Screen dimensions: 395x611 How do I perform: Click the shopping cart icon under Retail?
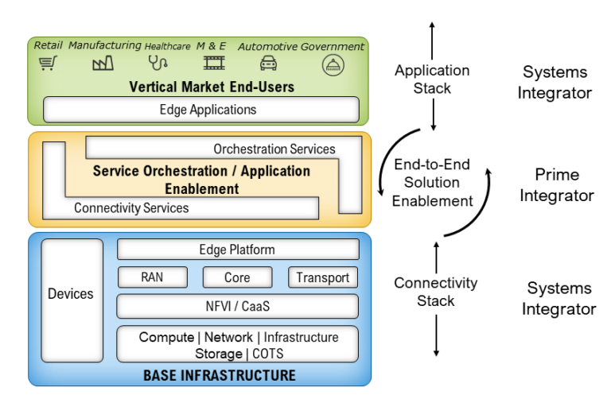(49, 64)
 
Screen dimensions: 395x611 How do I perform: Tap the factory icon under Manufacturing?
(103, 64)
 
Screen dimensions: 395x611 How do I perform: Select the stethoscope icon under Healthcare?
(158, 63)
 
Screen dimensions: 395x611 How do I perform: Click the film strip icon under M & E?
(213, 63)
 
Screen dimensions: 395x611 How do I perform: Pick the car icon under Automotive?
(269, 64)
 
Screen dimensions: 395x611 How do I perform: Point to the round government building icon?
(333, 64)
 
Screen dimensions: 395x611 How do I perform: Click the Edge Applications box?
(200, 110)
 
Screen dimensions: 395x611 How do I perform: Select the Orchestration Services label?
(274, 149)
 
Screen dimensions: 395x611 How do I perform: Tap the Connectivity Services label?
(131, 208)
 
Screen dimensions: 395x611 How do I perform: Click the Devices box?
(71, 294)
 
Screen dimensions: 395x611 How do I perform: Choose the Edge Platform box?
(237, 250)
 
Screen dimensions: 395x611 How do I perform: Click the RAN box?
(152, 277)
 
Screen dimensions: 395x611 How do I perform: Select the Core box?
(237, 277)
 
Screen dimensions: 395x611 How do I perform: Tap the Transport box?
(322, 277)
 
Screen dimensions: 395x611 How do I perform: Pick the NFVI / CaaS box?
(237, 306)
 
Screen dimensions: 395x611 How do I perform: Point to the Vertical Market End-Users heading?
(200, 87)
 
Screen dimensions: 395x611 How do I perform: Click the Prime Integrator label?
(557, 184)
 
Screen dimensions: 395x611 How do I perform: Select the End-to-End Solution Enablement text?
(432, 183)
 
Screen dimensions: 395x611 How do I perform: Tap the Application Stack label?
(432, 79)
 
